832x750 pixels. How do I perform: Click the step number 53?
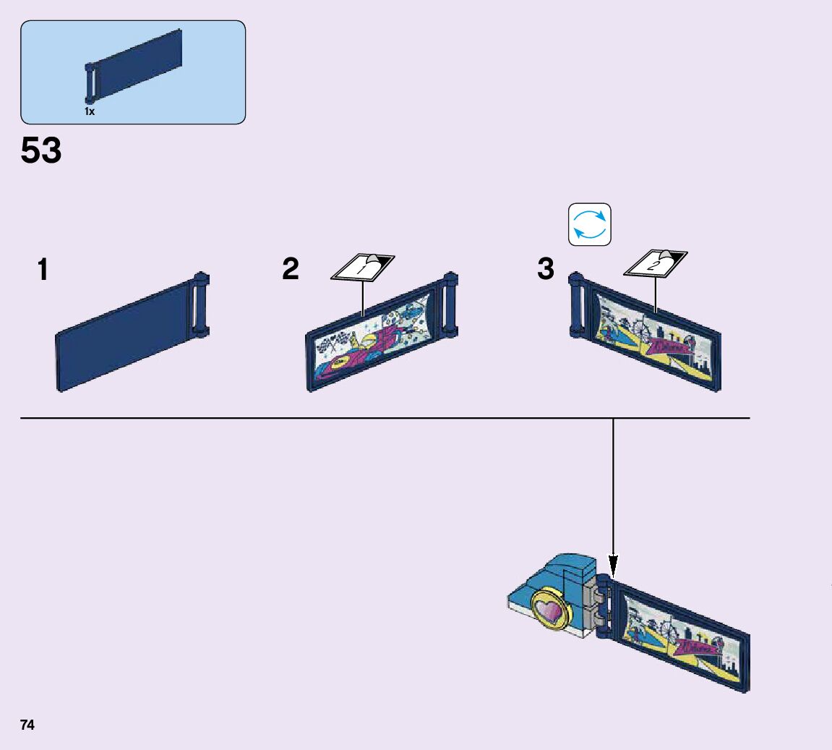click(x=41, y=151)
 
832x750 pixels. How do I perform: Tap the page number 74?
click(x=27, y=725)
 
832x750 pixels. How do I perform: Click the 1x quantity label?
click(x=90, y=112)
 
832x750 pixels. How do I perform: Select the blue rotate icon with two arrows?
click(x=590, y=224)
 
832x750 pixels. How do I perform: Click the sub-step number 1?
click(x=43, y=270)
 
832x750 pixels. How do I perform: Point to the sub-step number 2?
click(x=291, y=270)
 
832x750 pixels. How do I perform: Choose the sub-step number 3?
click(x=546, y=270)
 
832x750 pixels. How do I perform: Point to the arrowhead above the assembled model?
click(x=613, y=564)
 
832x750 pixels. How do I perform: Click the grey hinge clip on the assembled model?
click(x=597, y=604)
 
